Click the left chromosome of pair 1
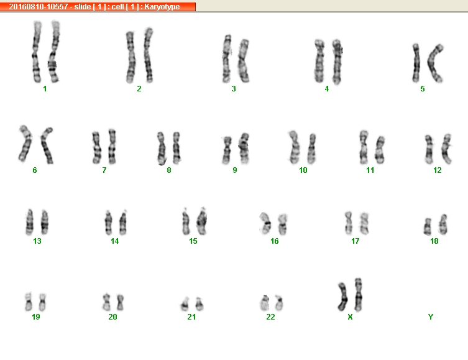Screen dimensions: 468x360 click(37, 52)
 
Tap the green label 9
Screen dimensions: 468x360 click(235, 170)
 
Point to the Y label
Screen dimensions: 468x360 click(430, 316)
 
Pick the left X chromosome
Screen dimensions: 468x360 click(342, 297)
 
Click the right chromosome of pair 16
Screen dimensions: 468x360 click(282, 224)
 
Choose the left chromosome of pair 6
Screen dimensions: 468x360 click(25, 143)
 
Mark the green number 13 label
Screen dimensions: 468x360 click(37, 241)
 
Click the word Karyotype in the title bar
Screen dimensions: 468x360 click(162, 7)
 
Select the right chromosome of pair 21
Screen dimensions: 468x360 click(200, 304)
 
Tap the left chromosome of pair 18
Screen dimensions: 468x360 click(428, 226)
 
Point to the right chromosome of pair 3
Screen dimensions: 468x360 click(244, 60)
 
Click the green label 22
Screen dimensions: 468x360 click(270, 316)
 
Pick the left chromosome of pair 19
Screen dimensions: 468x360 click(29, 302)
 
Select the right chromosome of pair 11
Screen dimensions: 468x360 click(380, 150)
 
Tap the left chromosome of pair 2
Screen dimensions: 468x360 click(131, 57)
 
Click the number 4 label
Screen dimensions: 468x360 click(327, 89)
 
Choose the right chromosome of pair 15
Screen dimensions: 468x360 click(202, 221)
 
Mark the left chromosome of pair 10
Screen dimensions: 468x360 click(294, 147)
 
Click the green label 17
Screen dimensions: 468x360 click(355, 241)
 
